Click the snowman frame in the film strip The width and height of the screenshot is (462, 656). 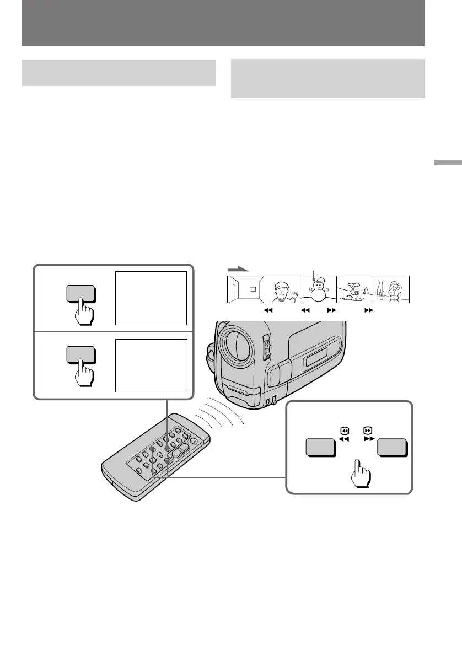click(x=318, y=289)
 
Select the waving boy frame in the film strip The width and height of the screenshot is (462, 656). click(x=282, y=289)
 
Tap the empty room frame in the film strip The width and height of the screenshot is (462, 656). click(x=245, y=289)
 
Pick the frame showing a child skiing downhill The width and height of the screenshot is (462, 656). click(x=354, y=289)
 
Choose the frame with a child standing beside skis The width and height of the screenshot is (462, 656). click(x=391, y=289)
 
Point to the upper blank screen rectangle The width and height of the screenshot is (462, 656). click(x=151, y=298)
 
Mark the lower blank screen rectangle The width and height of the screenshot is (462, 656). click(x=151, y=365)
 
